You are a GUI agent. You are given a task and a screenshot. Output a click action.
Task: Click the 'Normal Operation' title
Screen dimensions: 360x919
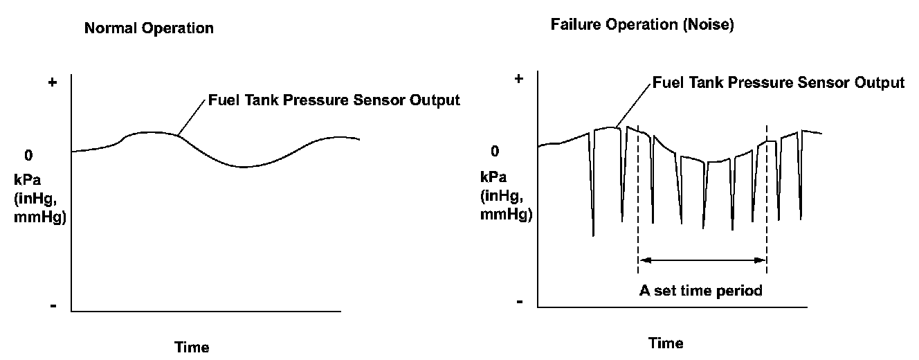148,29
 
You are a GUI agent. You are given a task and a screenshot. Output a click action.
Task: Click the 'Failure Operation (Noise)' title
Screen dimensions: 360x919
642,25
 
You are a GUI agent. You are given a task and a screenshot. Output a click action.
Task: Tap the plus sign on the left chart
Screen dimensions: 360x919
52,83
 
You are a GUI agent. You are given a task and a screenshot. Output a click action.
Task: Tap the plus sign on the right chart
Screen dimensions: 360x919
518,79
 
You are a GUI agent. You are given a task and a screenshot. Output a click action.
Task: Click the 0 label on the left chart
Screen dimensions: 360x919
28,156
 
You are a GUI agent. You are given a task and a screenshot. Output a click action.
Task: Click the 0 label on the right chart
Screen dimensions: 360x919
494,152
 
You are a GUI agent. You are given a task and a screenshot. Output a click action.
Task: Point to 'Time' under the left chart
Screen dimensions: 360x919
192,346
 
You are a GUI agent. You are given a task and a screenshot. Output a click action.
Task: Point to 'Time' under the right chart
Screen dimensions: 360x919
666,343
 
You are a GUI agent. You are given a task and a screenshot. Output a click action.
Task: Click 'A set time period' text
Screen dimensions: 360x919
700,290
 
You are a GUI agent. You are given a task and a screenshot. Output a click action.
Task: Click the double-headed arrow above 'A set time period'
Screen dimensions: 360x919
702,260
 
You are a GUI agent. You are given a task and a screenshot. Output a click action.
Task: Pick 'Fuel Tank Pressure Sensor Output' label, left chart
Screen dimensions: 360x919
334,100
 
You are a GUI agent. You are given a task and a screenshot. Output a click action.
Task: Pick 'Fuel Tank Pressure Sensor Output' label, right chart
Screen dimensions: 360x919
779,82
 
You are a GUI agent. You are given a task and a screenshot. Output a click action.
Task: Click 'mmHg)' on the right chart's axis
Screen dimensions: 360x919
507,214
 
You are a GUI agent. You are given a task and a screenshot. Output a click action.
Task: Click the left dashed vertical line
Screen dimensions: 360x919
637,201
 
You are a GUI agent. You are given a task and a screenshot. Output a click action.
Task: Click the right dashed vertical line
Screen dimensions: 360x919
766,201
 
